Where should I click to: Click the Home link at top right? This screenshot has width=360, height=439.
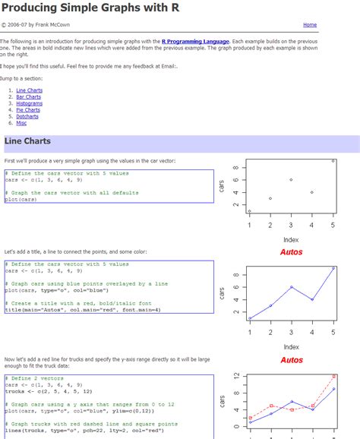310,25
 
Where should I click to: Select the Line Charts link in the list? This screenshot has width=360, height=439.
29,90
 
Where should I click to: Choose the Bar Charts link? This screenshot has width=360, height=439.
28,96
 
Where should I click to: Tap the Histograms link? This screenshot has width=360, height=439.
29,103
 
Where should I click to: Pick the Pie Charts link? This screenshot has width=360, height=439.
28,109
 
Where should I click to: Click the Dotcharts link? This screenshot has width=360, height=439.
27,116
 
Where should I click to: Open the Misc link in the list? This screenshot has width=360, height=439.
21,122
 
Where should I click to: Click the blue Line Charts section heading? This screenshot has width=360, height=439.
27,141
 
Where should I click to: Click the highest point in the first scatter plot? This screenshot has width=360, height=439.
333,160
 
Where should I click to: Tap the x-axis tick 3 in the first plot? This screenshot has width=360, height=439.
291,226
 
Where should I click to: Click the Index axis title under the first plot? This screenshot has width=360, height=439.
291,240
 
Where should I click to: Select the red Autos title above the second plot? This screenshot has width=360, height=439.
291,252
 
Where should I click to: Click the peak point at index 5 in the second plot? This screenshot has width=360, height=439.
333,268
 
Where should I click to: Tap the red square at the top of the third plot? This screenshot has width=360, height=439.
333,377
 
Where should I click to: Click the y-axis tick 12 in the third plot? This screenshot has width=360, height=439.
236,376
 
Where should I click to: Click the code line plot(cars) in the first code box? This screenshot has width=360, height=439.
21,199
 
